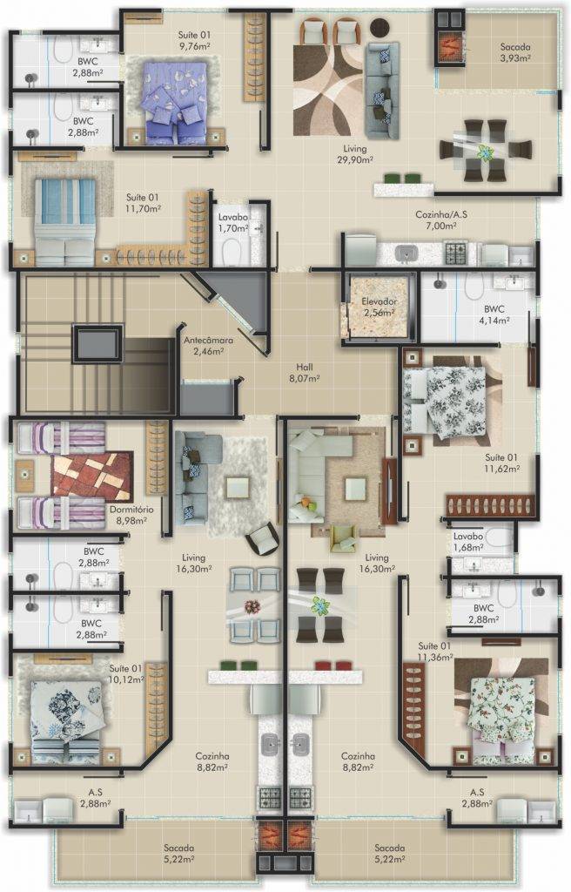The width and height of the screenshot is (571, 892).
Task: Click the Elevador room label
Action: point(380,307)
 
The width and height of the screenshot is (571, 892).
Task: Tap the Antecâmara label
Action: point(208,345)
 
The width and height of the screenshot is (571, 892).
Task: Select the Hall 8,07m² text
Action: point(305,372)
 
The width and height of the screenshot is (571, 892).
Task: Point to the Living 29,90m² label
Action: point(355,154)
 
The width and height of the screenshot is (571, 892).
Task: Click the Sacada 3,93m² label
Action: point(515,52)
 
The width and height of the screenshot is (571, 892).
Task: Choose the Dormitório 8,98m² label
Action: point(131,514)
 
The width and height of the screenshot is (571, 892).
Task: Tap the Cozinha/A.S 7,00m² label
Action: point(441,220)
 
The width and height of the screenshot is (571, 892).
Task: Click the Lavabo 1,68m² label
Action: point(468,542)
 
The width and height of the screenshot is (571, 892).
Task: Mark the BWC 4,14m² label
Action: point(494,314)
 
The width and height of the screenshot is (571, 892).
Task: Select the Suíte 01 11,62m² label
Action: point(502,463)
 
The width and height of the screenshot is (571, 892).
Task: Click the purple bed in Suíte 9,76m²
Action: point(175,101)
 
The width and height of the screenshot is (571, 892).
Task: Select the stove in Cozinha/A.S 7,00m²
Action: point(455,251)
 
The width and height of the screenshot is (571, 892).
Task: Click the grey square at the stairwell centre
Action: point(97,343)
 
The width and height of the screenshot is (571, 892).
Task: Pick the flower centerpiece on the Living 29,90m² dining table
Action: point(485,152)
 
